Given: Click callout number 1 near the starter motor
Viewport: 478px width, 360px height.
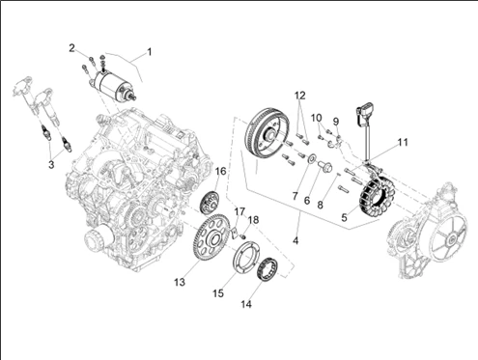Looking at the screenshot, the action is (149, 51).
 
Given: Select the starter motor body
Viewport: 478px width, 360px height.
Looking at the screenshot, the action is (112, 84).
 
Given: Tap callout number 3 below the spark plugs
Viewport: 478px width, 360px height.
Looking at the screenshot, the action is (51, 165).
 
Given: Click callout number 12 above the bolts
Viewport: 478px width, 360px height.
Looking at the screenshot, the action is (299, 96).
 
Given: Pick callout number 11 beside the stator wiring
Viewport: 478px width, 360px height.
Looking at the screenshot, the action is (403, 142).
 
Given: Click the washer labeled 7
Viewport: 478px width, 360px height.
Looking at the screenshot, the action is (312, 158).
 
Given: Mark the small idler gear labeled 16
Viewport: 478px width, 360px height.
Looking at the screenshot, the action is (209, 202).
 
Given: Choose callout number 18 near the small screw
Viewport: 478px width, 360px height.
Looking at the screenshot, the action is (254, 220).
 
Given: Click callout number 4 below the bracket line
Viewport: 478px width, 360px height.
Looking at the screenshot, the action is (295, 240).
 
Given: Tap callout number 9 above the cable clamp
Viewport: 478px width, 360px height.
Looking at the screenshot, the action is (336, 122).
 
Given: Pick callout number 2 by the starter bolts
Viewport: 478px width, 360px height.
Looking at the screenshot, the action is (71, 48).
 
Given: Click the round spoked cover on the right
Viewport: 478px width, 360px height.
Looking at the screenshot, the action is (448, 237).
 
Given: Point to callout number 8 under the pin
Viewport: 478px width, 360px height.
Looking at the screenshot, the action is (320, 205).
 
